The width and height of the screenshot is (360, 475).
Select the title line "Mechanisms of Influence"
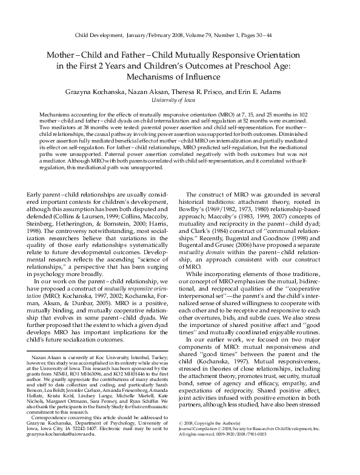(x=180, y=77)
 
